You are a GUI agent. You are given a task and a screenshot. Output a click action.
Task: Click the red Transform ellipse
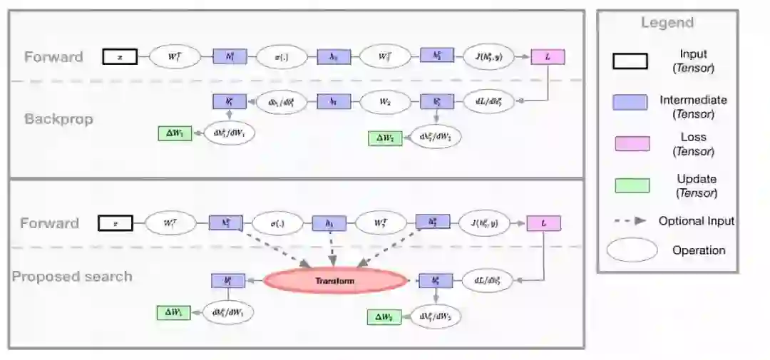click(335, 281)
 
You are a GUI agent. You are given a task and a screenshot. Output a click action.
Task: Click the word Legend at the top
click(667, 23)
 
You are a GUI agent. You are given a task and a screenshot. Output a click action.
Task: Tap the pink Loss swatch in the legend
click(631, 144)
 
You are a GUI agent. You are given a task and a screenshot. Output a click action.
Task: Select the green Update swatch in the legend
click(631, 185)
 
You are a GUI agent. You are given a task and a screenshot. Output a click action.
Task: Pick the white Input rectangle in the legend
click(631, 61)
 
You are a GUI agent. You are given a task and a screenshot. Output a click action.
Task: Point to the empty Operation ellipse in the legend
click(632, 250)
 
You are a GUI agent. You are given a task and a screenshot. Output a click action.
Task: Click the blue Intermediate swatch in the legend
click(631, 102)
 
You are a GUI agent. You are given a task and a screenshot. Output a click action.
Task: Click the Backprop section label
click(58, 119)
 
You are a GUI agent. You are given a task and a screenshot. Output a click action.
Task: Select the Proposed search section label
click(72, 276)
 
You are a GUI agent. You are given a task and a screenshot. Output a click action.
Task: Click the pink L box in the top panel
click(548, 56)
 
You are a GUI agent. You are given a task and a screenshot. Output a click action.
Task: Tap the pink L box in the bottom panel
click(544, 224)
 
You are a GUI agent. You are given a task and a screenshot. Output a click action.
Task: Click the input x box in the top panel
click(120, 56)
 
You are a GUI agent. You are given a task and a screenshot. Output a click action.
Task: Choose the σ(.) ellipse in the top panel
click(281, 56)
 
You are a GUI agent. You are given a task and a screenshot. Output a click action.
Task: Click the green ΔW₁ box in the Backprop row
click(175, 133)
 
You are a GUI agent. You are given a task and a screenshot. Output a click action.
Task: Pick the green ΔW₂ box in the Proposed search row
click(384, 316)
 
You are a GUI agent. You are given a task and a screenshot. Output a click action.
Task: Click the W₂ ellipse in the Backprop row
click(384, 102)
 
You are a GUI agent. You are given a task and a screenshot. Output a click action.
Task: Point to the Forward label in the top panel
click(53, 57)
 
